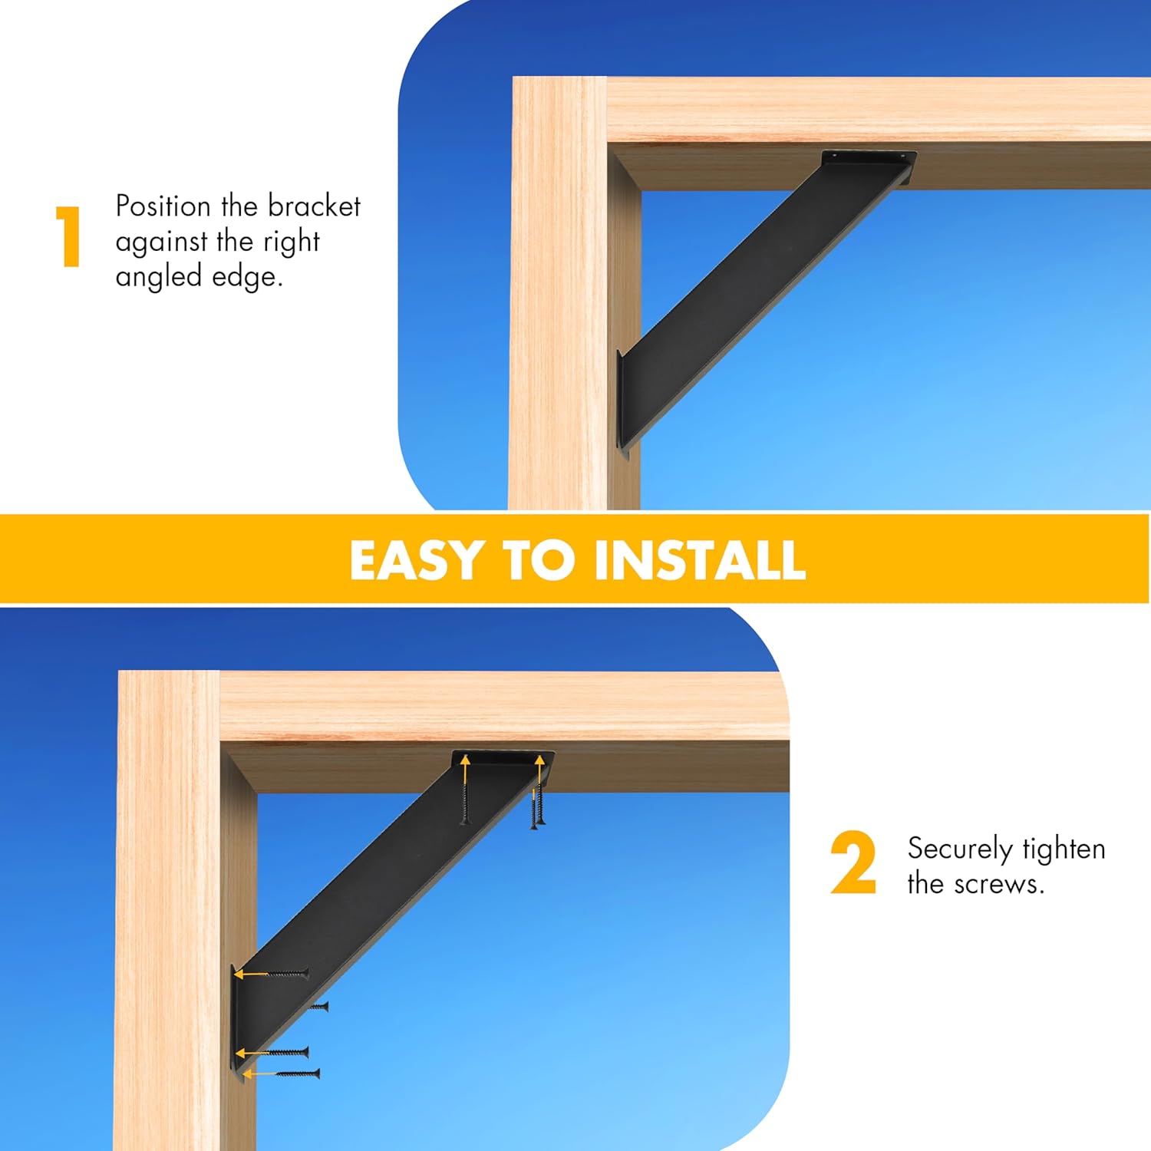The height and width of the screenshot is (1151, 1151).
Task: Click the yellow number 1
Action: (69, 236)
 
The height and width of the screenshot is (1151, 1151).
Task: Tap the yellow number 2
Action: (853, 863)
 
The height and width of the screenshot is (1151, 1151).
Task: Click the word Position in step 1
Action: (163, 206)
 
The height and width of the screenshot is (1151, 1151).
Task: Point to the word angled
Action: (158, 277)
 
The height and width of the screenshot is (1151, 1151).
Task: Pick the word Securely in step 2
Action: (959, 849)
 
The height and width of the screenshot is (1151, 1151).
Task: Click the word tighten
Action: (1064, 849)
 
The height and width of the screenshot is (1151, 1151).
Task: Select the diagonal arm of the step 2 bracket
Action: (384, 875)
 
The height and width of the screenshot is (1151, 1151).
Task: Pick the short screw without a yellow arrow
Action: (318, 1006)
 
